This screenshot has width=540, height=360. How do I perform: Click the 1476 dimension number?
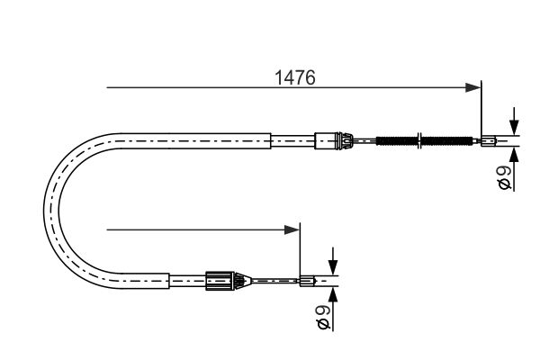(x=295, y=77)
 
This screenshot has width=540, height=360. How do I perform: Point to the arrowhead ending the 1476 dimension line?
(x=472, y=87)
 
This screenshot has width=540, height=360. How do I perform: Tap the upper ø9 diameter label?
(x=506, y=178)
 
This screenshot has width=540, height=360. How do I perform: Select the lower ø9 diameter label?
(x=324, y=318)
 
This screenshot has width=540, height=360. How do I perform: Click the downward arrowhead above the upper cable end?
(x=514, y=128)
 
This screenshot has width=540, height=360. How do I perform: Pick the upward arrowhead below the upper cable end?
(x=514, y=155)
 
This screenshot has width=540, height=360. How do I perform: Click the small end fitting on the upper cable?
(x=489, y=141)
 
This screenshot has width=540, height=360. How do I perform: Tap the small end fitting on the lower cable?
(x=307, y=281)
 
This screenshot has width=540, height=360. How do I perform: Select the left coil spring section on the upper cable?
(x=396, y=141)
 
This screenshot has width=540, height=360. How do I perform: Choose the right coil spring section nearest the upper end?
(x=447, y=141)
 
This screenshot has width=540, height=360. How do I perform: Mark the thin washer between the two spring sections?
(x=419, y=141)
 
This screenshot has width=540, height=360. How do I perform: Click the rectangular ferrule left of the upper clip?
(x=326, y=141)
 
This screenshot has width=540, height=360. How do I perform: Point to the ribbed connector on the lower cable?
(x=220, y=281)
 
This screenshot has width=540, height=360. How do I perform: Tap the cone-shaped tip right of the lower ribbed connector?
(x=244, y=281)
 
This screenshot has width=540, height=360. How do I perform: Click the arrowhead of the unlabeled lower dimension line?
(x=292, y=229)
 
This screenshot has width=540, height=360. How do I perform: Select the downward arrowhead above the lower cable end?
(x=333, y=267)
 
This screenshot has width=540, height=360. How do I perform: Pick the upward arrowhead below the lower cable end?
(x=333, y=295)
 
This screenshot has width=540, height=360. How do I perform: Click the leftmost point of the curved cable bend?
(x=44, y=210)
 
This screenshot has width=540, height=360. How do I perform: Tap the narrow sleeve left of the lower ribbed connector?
(x=187, y=281)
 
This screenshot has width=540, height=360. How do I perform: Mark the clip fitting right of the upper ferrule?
(x=345, y=141)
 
